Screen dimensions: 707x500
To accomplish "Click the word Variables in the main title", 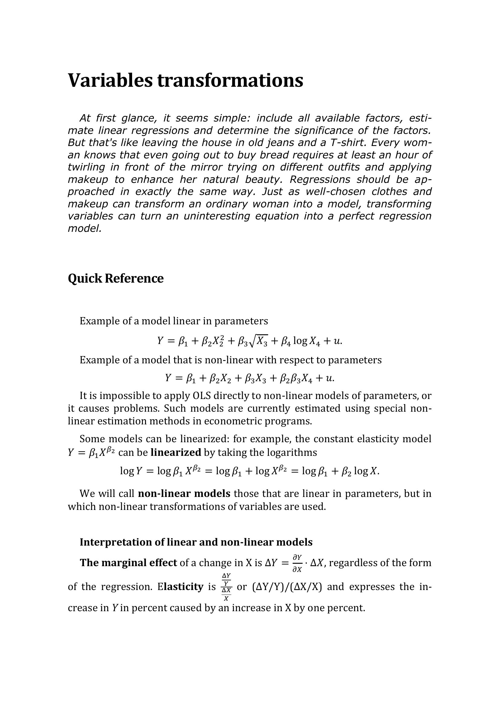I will [x=110, y=80].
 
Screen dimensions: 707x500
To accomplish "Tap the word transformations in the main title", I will [x=230, y=80].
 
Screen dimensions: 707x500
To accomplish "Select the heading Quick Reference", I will [x=115, y=278].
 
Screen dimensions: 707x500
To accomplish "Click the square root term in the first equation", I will [x=258, y=341].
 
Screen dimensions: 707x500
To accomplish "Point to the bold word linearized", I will [x=176, y=452].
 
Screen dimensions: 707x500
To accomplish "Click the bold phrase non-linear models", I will [x=184, y=494].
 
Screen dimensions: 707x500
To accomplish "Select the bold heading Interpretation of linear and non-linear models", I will [x=196, y=542].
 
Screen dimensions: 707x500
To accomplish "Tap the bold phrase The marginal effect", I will [x=128, y=563].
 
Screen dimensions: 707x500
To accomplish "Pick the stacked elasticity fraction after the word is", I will [x=226, y=587].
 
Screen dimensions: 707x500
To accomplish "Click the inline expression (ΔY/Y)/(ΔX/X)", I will [x=287, y=587].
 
